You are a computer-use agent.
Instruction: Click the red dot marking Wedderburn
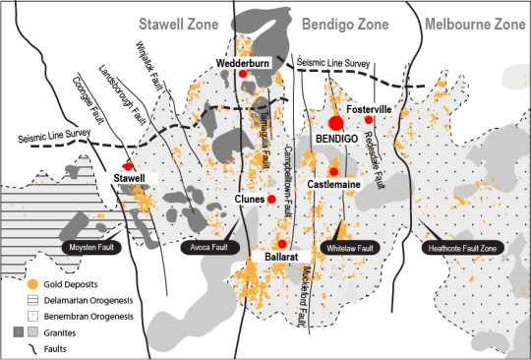242,75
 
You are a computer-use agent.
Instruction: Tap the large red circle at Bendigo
335,123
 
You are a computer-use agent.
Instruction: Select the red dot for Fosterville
369,120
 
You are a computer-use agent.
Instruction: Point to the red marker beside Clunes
271,200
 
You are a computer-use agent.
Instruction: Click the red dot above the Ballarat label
282,243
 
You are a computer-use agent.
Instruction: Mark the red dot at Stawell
127,166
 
